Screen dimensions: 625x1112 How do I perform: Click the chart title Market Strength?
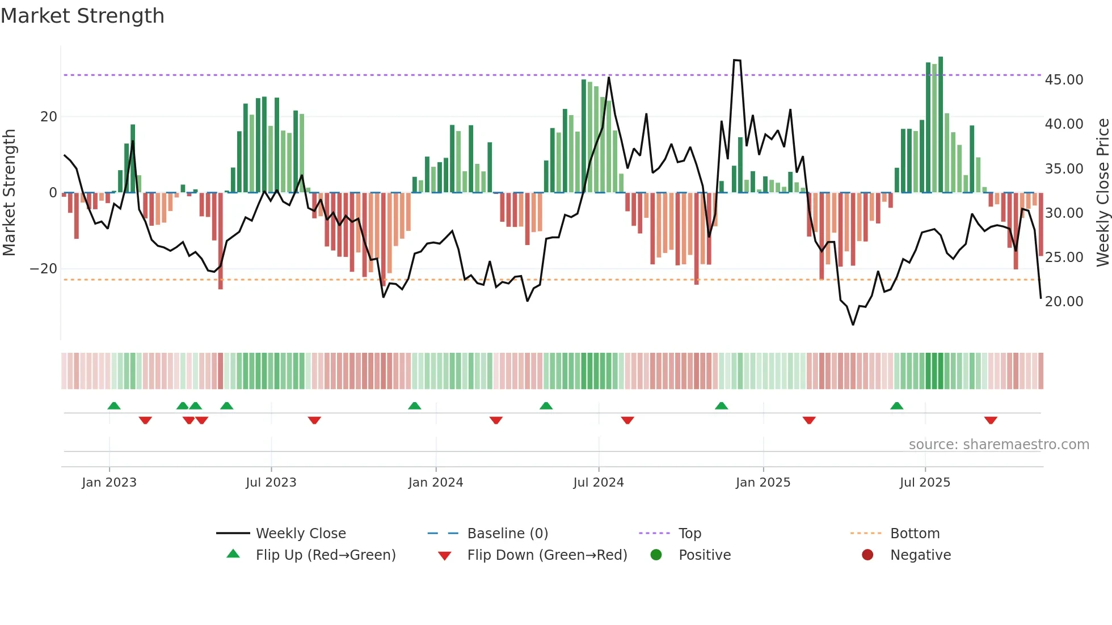pyautogui.click(x=82, y=16)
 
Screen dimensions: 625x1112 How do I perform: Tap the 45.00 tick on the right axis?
pyautogui.click(x=1064, y=80)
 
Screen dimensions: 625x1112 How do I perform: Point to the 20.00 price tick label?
pyautogui.click(x=1064, y=302)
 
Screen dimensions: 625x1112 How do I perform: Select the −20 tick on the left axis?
pyautogui.click(x=44, y=269)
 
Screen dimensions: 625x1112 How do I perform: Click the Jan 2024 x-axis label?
pyautogui.click(x=435, y=483)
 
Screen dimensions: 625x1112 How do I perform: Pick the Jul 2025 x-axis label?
pyautogui.click(x=924, y=483)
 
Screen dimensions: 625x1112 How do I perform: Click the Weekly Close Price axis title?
pyautogui.click(x=1102, y=193)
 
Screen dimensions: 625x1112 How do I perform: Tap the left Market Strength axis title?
pyautogui.click(x=10, y=193)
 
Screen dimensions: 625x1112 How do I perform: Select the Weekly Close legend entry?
pyautogui.click(x=300, y=534)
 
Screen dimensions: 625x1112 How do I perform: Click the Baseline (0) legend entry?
pyautogui.click(x=507, y=534)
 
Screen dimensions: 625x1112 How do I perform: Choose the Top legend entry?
pyautogui.click(x=689, y=534)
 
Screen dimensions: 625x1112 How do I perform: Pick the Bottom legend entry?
pyautogui.click(x=915, y=534)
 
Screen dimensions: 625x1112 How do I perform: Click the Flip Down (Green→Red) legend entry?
pyautogui.click(x=546, y=555)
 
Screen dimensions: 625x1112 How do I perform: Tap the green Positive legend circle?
pyautogui.click(x=656, y=555)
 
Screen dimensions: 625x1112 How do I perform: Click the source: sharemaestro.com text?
pyautogui.click(x=999, y=445)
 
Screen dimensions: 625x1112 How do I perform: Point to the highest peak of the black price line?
pyautogui.click(x=736, y=60)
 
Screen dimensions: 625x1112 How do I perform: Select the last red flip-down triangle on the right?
pyautogui.click(x=991, y=420)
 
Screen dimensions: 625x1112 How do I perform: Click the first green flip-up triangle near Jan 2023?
pyautogui.click(x=114, y=406)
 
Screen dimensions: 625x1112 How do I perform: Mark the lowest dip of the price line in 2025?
pyautogui.click(x=853, y=324)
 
